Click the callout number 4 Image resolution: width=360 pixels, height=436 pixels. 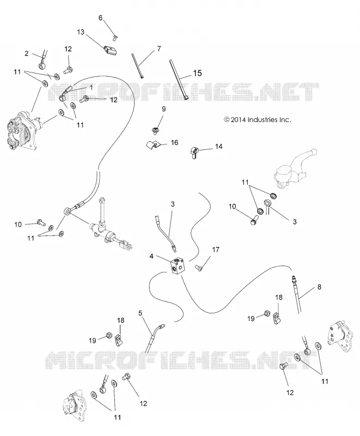tap(151, 256)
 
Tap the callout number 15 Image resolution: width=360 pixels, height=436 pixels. tap(197, 73)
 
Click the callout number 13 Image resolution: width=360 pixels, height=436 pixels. tap(81, 32)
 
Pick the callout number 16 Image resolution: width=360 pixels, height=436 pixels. tap(174, 143)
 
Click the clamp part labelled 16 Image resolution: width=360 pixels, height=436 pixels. tap(154, 145)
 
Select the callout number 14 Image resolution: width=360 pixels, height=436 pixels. tap(218, 146)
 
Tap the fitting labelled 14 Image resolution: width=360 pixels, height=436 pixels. tap(195, 153)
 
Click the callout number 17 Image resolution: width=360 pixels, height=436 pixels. tap(216, 250)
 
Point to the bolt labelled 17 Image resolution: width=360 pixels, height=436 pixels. tap(199, 268)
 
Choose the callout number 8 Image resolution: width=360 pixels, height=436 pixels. tap(319, 287)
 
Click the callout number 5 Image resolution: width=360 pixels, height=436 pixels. tap(141, 313)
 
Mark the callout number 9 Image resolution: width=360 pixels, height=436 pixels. tap(163, 109)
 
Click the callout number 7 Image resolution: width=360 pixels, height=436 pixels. tap(159, 49)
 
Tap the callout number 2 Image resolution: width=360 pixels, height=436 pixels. tap(26, 53)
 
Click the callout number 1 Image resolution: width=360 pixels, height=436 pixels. tap(91, 87)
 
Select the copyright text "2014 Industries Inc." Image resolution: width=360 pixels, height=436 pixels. tap(261, 120)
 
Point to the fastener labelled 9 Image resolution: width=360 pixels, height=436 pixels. tap(154, 129)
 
